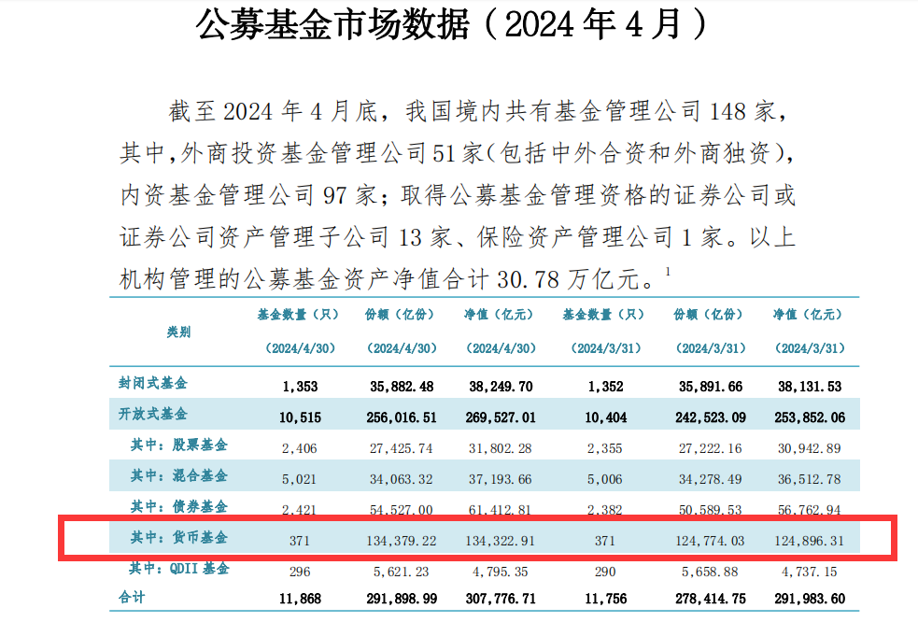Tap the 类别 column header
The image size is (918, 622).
178,331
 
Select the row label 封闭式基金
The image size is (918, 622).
153,383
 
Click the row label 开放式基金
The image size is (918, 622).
153,414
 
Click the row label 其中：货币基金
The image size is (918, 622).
179,538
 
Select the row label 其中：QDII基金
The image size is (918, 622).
179,568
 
